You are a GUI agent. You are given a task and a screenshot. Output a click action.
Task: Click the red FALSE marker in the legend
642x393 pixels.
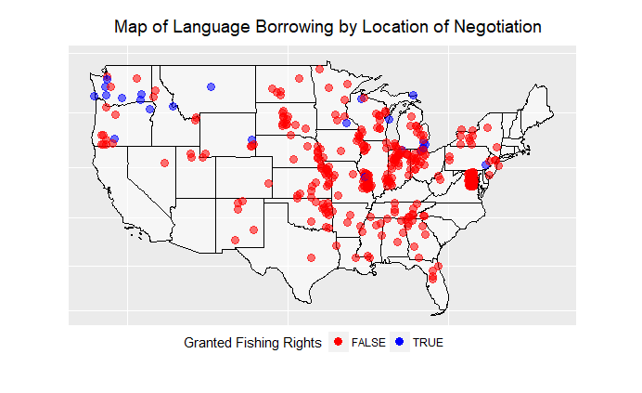tap(339, 343)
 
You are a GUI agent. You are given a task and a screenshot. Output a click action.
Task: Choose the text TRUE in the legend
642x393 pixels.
tap(428, 343)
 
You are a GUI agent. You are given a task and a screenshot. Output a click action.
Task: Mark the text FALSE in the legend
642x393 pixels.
tap(368, 343)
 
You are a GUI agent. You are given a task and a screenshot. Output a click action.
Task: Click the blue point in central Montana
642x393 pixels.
tap(212, 86)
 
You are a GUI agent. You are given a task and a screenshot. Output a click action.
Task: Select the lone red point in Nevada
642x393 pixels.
tap(164, 163)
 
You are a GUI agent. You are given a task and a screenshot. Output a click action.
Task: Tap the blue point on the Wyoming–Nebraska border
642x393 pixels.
tap(251, 140)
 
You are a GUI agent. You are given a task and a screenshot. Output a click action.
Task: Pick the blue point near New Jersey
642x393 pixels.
tap(486, 165)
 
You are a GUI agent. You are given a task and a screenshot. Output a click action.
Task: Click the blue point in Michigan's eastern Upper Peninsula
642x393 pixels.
tap(413, 94)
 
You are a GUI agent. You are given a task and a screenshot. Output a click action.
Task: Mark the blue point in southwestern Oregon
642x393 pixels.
tap(114, 139)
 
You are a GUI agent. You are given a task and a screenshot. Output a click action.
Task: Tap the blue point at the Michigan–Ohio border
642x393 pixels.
tap(424, 145)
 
